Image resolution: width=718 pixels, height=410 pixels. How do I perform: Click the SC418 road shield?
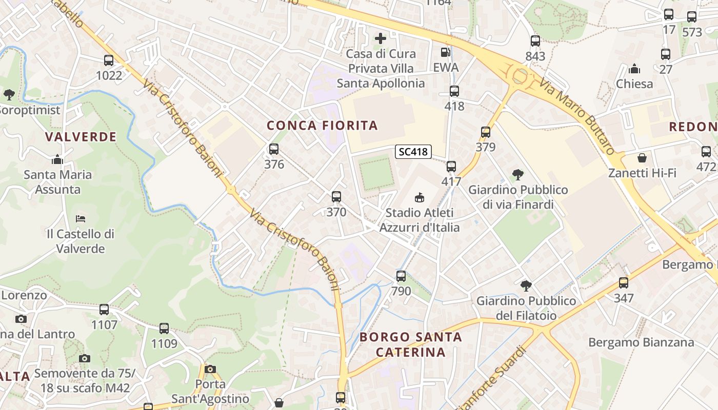413,152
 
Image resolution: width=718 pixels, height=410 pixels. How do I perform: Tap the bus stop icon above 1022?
109,60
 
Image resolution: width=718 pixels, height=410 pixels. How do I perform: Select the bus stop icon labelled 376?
274,149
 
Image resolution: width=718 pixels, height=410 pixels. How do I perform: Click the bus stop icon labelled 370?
336,197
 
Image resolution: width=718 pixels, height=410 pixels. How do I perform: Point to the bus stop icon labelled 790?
401,276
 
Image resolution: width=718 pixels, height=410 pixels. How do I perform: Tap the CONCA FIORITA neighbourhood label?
322,126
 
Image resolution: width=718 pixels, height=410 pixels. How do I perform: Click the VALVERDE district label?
81,137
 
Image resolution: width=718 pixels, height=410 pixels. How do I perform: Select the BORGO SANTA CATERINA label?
411,344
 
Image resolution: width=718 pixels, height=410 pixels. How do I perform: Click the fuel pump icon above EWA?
446,52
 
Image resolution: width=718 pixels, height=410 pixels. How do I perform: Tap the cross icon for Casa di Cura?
381,38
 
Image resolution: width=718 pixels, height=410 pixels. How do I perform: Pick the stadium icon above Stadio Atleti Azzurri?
420,197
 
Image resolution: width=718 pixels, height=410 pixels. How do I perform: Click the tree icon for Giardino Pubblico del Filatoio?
526,285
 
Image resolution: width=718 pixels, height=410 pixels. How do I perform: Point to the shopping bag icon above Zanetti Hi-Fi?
642,158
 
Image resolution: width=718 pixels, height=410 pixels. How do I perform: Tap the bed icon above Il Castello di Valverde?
81,218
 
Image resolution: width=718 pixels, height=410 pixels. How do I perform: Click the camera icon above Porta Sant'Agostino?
210,369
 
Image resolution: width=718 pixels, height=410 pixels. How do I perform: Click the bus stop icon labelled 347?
624,283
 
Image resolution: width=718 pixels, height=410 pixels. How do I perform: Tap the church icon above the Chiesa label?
634,69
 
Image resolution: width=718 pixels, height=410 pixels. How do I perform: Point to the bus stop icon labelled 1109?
164,329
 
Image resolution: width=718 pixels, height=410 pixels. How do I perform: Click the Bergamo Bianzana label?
641,342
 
